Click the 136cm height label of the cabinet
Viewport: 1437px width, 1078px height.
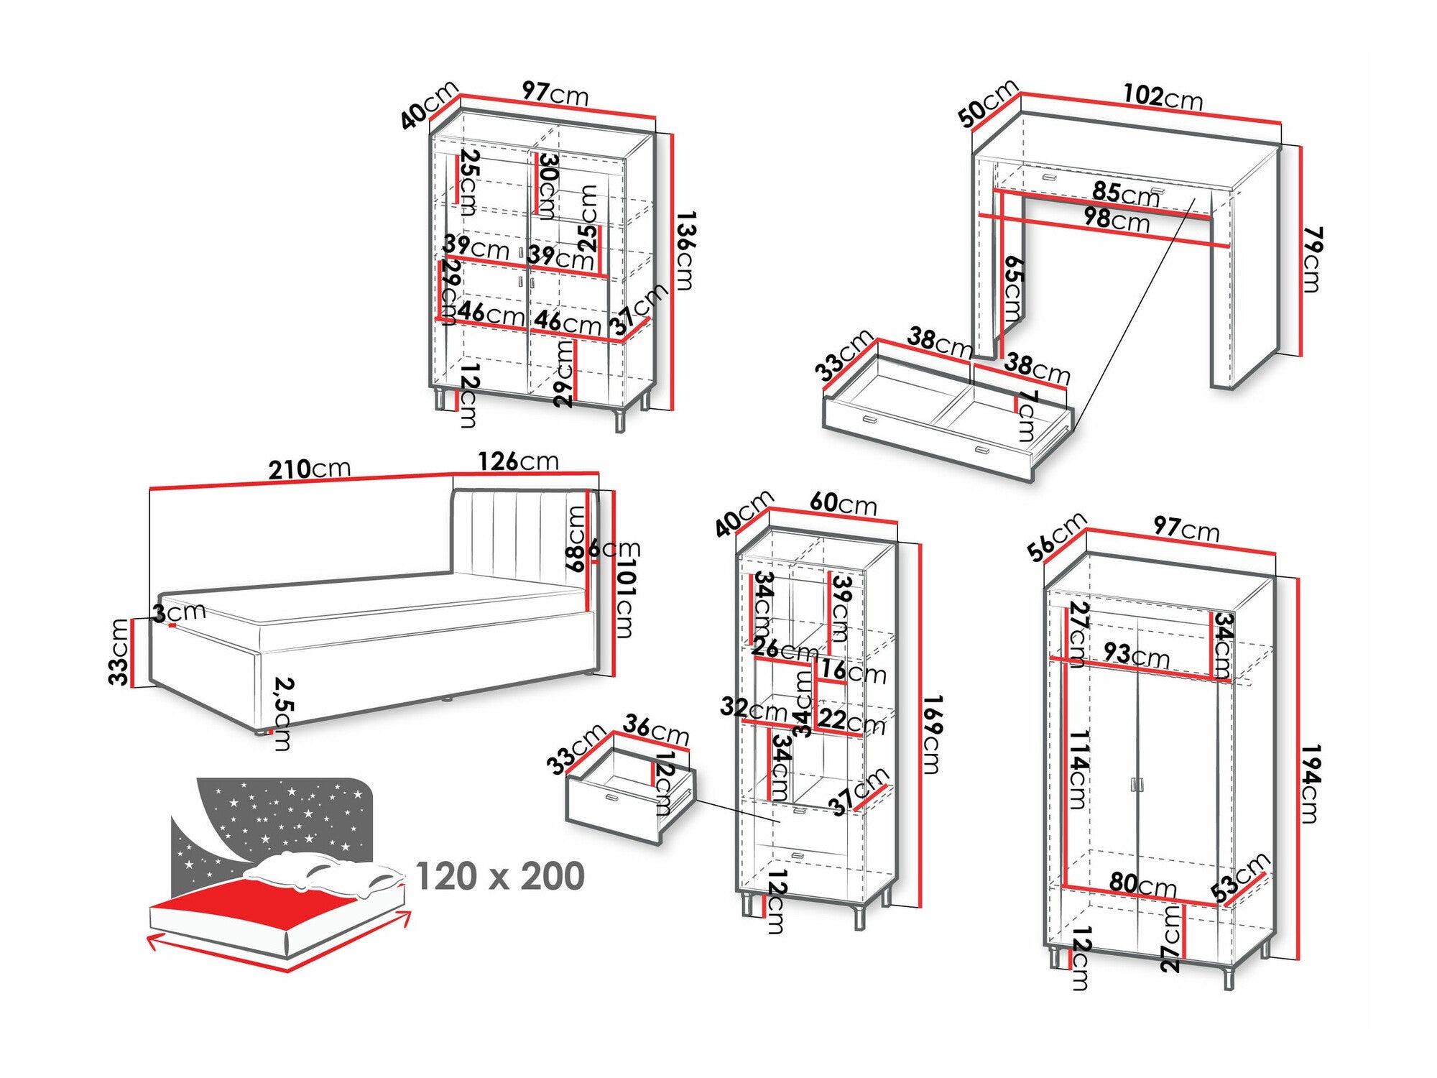coord(685,250)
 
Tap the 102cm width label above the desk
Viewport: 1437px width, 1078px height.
coord(1163,96)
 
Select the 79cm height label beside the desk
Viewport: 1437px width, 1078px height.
coord(1312,259)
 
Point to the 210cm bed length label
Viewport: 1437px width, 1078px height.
coord(310,469)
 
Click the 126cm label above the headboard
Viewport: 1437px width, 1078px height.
coord(518,461)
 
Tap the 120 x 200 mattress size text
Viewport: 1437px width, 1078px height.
coord(500,876)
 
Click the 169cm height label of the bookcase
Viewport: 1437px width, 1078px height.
coord(931,734)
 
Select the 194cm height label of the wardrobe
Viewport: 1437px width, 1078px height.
coord(1311,784)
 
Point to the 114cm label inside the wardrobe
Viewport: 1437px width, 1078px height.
coord(1078,770)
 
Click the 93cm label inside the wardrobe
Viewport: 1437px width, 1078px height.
coord(1136,655)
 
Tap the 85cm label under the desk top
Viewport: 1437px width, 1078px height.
coord(1125,193)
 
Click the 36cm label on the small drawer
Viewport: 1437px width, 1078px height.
coord(656,729)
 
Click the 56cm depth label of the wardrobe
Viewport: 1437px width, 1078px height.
coord(1056,537)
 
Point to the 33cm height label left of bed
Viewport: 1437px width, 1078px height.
coord(119,651)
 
